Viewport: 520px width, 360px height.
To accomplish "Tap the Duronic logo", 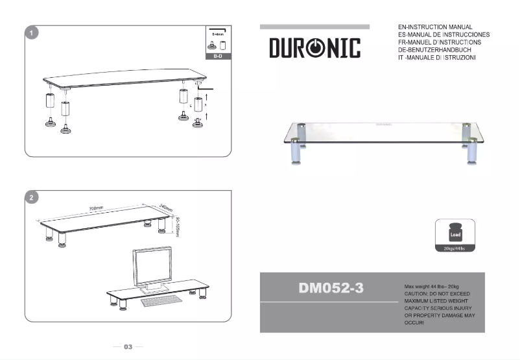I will (314, 48).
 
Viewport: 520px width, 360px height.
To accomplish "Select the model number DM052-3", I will (331, 289).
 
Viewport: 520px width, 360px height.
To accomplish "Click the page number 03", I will (128, 347).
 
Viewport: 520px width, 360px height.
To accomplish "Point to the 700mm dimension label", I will (96, 208).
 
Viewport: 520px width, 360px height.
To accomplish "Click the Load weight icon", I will (456, 233).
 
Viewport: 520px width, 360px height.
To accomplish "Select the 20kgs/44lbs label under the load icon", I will (455, 248).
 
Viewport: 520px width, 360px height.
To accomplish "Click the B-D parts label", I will (218, 57).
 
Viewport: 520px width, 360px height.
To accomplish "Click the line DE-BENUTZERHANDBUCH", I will (438, 50).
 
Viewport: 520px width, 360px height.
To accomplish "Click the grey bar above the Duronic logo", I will (314, 27).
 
